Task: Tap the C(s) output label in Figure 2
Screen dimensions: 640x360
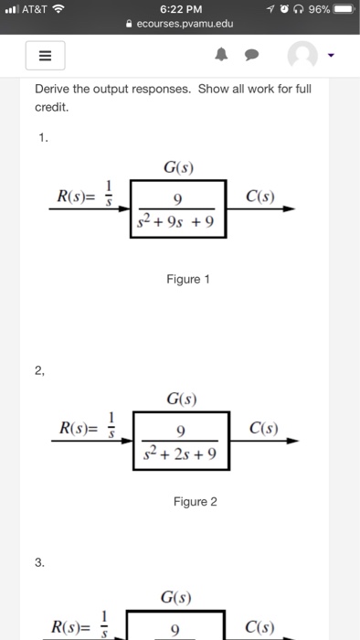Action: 273,430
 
